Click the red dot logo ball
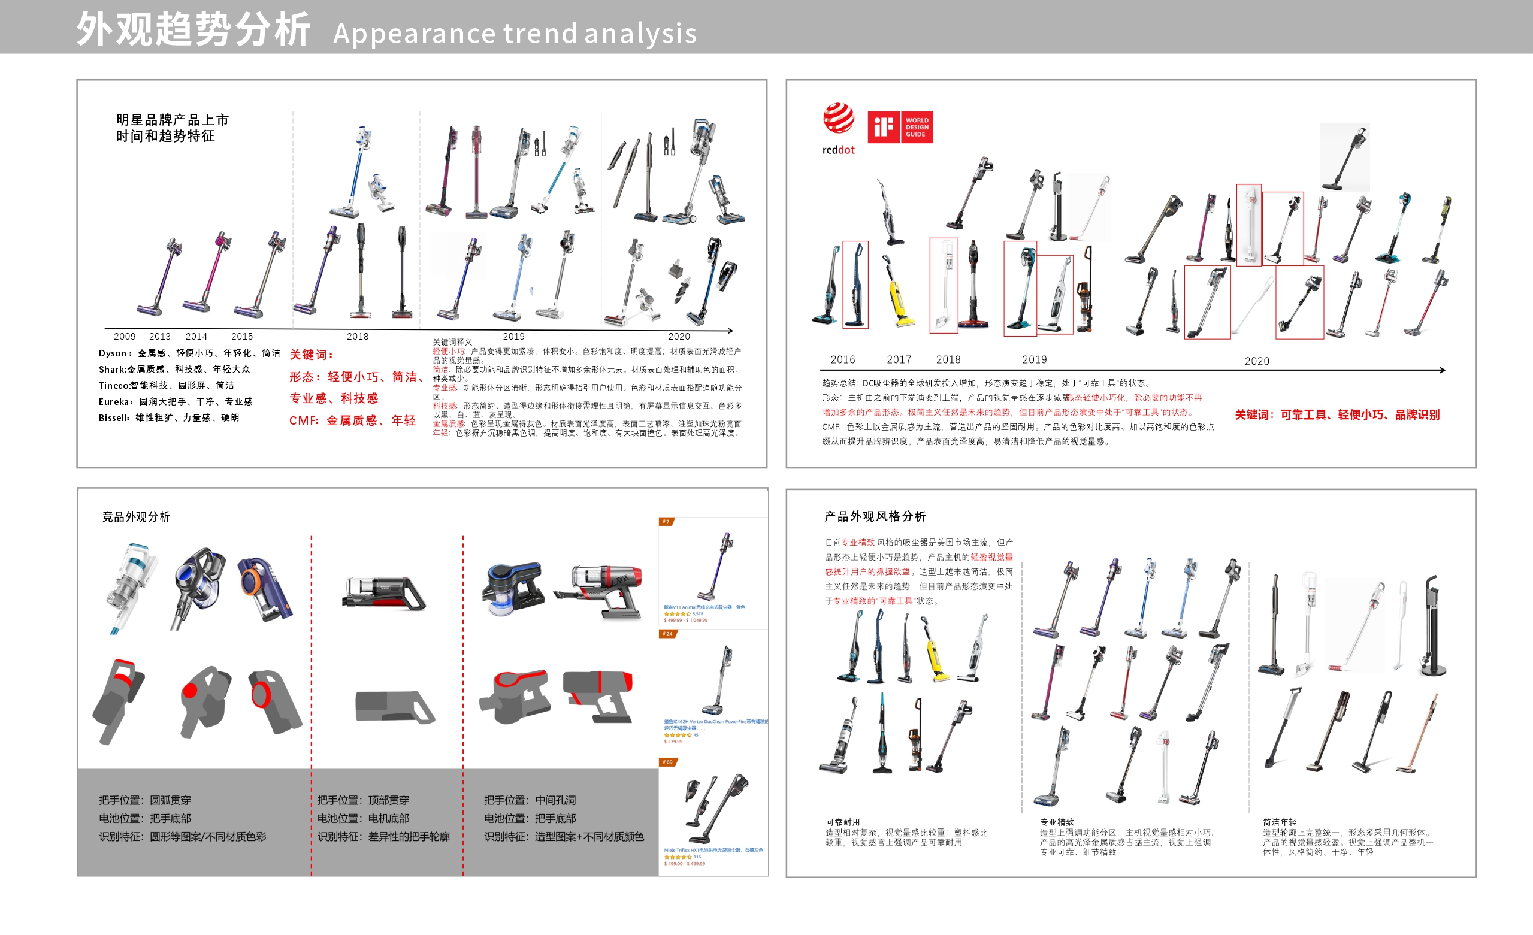pos(839,118)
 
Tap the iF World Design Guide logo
pos(900,127)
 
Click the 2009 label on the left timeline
pos(125,337)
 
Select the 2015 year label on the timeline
pos(242,337)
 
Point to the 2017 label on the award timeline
pos(899,359)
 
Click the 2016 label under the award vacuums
pos(842,359)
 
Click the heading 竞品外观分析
pos(135,516)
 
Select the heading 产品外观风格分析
pos(875,516)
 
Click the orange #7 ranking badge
pos(666,521)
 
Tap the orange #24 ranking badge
pos(667,633)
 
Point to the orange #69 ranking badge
pos(667,761)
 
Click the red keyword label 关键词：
pos(311,355)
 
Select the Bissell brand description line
pos(168,417)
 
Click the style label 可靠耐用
pos(842,822)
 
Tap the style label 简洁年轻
pos(1279,822)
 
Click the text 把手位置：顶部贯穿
pos(364,800)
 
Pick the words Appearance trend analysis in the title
pos(515,34)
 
